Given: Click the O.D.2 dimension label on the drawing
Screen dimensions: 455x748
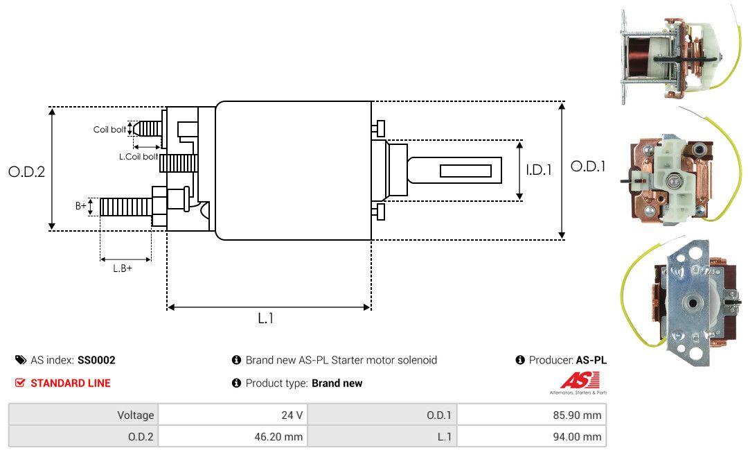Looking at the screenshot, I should [x=26, y=171].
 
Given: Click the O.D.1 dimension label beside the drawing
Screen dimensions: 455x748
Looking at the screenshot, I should [x=588, y=166].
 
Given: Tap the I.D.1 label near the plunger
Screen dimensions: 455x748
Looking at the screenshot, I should [x=538, y=169].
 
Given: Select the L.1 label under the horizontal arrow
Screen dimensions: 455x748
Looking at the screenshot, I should [x=267, y=318].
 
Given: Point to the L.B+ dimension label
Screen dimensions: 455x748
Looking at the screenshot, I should [x=123, y=268].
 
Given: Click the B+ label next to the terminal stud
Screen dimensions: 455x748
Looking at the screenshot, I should [x=81, y=206].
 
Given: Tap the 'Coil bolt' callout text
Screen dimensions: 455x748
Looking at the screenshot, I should [x=109, y=130].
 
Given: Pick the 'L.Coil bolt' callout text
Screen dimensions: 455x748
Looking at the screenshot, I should [x=138, y=157].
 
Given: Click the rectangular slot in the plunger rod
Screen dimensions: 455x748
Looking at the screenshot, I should [x=465, y=171].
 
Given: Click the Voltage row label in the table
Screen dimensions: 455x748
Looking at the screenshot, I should [x=135, y=415].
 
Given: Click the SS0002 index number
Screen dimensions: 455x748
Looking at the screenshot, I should [x=96, y=361].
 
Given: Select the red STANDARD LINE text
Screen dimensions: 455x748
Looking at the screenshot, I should [x=70, y=383].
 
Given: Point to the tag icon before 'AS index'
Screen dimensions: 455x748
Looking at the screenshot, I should [x=21, y=361].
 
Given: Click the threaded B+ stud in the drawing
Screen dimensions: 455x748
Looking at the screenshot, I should [x=125, y=206].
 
